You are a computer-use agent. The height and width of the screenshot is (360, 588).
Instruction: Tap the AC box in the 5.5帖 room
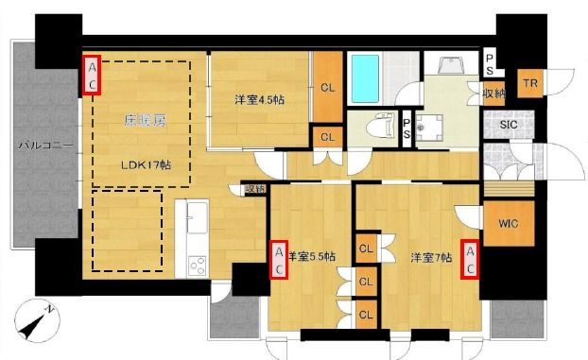tap(279, 260)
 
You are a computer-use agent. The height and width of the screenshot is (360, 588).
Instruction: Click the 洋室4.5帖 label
tap(257, 98)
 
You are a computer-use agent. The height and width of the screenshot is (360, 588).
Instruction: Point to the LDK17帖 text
tap(146, 163)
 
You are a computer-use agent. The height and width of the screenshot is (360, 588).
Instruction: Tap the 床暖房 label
tap(144, 121)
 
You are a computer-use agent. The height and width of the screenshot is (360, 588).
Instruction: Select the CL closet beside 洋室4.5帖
tap(327, 88)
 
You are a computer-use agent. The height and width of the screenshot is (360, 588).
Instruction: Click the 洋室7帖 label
tap(430, 255)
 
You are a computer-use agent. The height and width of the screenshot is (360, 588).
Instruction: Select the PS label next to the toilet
tap(406, 127)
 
